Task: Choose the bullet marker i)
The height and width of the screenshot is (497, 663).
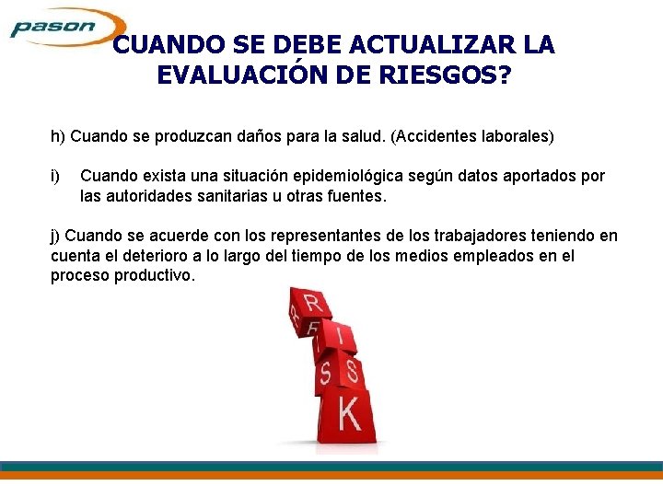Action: tap(55, 176)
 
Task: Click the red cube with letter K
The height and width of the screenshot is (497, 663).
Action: tap(346, 415)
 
